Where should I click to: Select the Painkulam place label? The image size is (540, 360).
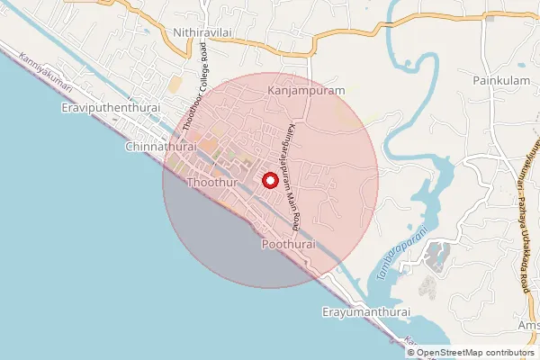coord(498,80)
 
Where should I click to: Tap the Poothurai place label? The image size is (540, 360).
coord(287,245)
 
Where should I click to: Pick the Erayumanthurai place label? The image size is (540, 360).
coord(365,312)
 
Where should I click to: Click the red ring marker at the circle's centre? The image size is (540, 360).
coord(269,180)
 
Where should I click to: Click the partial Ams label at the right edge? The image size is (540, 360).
coord(529,325)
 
